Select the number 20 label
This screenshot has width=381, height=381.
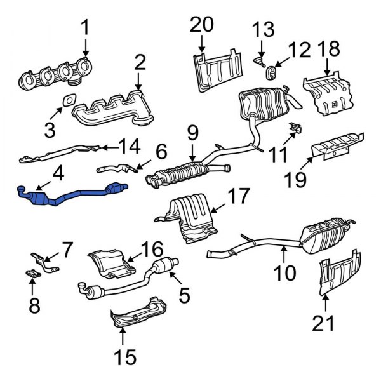point(203,26)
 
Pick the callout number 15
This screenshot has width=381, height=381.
point(126,357)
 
